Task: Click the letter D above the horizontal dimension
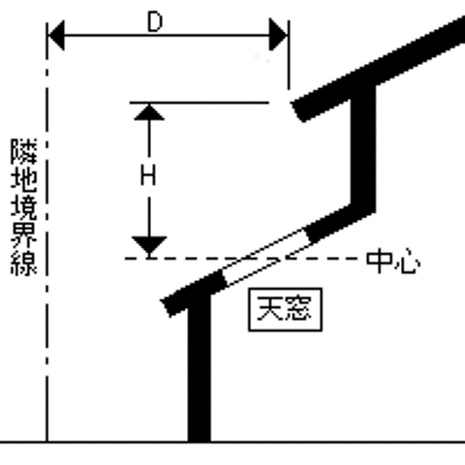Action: pyautogui.click(x=155, y=22)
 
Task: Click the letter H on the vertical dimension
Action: pyautogui.click(x=148, y=175)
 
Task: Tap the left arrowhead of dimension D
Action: pyautogui.click(x=56, y=35)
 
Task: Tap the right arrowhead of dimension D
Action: pyautogui.click(x=278, y=35)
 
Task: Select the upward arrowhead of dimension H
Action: pyautogui.click(x=149, y=112)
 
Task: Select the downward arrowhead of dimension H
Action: pyautogui.click(x=149, y=245)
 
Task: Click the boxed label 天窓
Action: pyautogui.click(x=285, y=310)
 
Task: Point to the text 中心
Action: pyautogui.click(x=393, y=261)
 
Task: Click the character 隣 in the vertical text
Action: pyautogui.click(x=24, y=151)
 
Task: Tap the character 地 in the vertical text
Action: pyautogui.click(x=24, y=178)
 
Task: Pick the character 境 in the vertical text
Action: pyautogui.click(x=24, y=206)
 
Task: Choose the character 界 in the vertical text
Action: pyautogui.click(x=24, y=234)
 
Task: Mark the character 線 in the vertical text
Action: pyautogui.click(x=24, y=263)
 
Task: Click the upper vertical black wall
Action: pyautogui.click(x=363, y=147)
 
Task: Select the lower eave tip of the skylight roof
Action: pyautogui.click(x=167, y=308)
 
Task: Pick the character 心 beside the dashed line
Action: pyautogui.click(x=408, y=262)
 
